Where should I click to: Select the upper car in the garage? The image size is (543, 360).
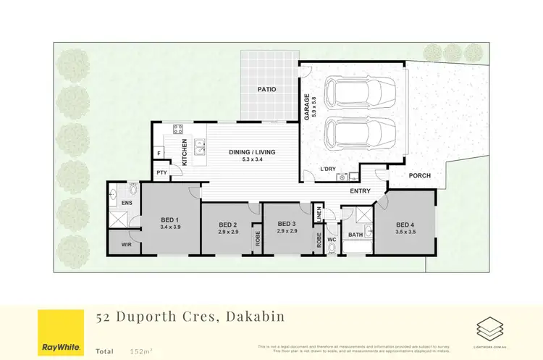pyautogui.click(x=360, y=92)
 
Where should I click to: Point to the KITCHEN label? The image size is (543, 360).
pyautogui.click(x=185, y=152)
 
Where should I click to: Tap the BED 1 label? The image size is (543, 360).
pyautogui.click(x=170, y=219)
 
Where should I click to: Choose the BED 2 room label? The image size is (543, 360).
pyautogui.click(x=228, y=224)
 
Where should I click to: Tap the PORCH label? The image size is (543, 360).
pyautogui.click(x=420, y=175)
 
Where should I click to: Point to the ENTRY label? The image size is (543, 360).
pyautogui.click(x=360, y=191)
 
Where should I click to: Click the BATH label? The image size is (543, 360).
pyautogui.click(x=355, y=235)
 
